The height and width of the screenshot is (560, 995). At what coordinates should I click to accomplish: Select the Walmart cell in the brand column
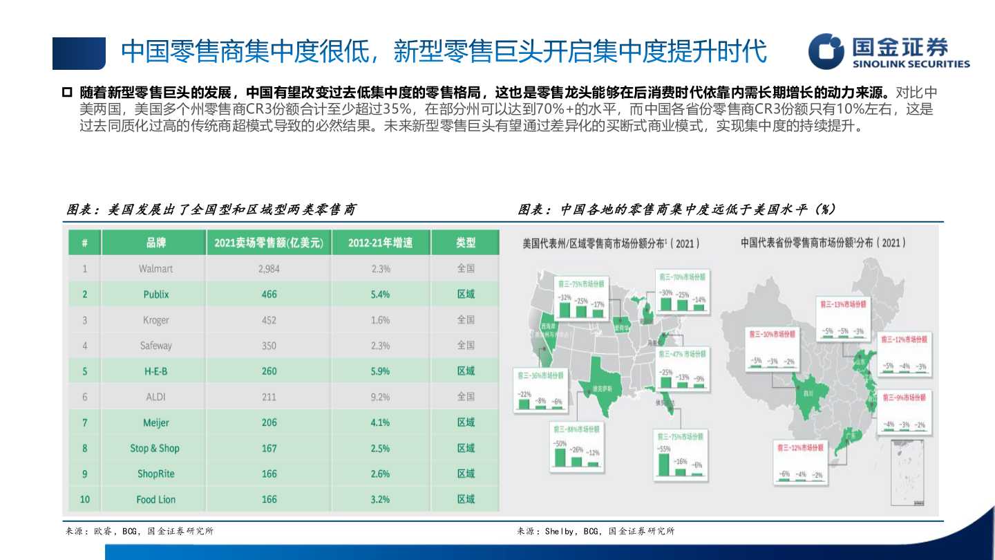pos(155,268)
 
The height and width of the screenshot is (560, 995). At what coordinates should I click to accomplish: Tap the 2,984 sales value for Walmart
pos(269,268)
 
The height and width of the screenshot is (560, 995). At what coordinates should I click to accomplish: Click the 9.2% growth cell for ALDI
pos(379,397)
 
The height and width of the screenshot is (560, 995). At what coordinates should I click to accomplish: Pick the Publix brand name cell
pos(155,295)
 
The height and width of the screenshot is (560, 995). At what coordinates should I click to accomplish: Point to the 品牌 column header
pos(155,243)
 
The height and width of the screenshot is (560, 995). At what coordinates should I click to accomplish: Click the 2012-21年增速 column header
pos(380,243)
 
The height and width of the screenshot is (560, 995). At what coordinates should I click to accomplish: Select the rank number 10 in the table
pos(85,499)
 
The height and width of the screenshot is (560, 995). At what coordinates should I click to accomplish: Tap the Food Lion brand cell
pos(155,499)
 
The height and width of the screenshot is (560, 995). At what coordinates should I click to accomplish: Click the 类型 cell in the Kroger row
pos(466,320)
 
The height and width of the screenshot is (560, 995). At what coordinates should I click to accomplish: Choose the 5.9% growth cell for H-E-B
pos(379,371)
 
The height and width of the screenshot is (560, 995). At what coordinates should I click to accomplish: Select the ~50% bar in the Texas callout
pos(560,456)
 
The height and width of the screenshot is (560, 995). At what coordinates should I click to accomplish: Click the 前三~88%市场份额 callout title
pos(576,429)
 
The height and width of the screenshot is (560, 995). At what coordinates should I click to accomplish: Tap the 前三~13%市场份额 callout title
pos(842,304)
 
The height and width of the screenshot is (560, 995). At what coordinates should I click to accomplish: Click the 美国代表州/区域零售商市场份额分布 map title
pos(612,243)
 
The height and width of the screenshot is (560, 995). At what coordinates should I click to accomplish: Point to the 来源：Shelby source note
pos(596,531)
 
